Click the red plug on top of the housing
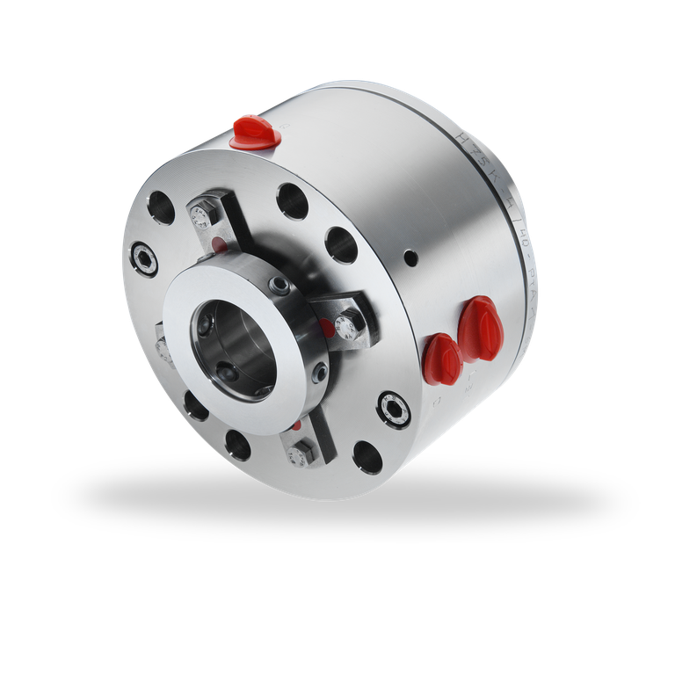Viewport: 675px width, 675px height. tap(254, 131)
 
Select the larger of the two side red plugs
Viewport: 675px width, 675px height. tap(481, 326)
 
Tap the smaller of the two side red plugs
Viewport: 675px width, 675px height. tap(441, 357)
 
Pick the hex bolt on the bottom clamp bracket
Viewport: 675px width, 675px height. tap(298, 455)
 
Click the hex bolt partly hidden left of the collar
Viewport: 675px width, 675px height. tap(163, 345)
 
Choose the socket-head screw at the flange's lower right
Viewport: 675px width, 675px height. tap(393, 408)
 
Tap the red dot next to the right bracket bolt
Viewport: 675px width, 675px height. tap(327, 329)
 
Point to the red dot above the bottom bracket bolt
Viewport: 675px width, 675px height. tap(297, 426)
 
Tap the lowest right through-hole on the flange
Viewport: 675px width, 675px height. tap(367, 457)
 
